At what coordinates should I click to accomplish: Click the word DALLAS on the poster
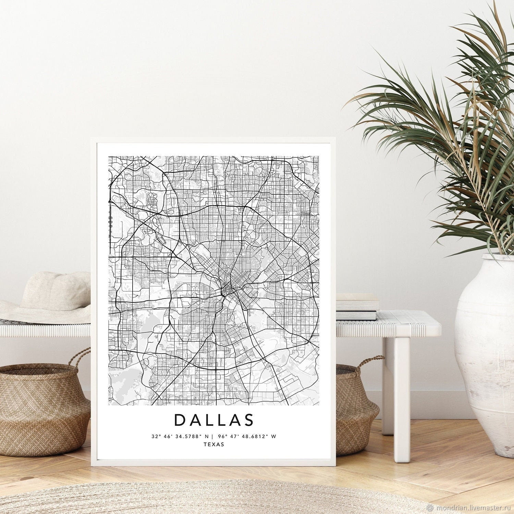click(x=214, y=420)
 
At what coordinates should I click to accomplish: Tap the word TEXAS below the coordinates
click(x=214, y=444)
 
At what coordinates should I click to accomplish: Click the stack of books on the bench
click(x=356, y=307)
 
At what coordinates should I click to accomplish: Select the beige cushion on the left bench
click(x=55, y=291)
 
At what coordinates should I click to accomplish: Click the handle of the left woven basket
click(x=81, y=358)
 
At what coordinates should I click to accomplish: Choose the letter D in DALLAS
click(x=180, y=420)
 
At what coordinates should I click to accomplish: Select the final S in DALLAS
click(x=248, y=420)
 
